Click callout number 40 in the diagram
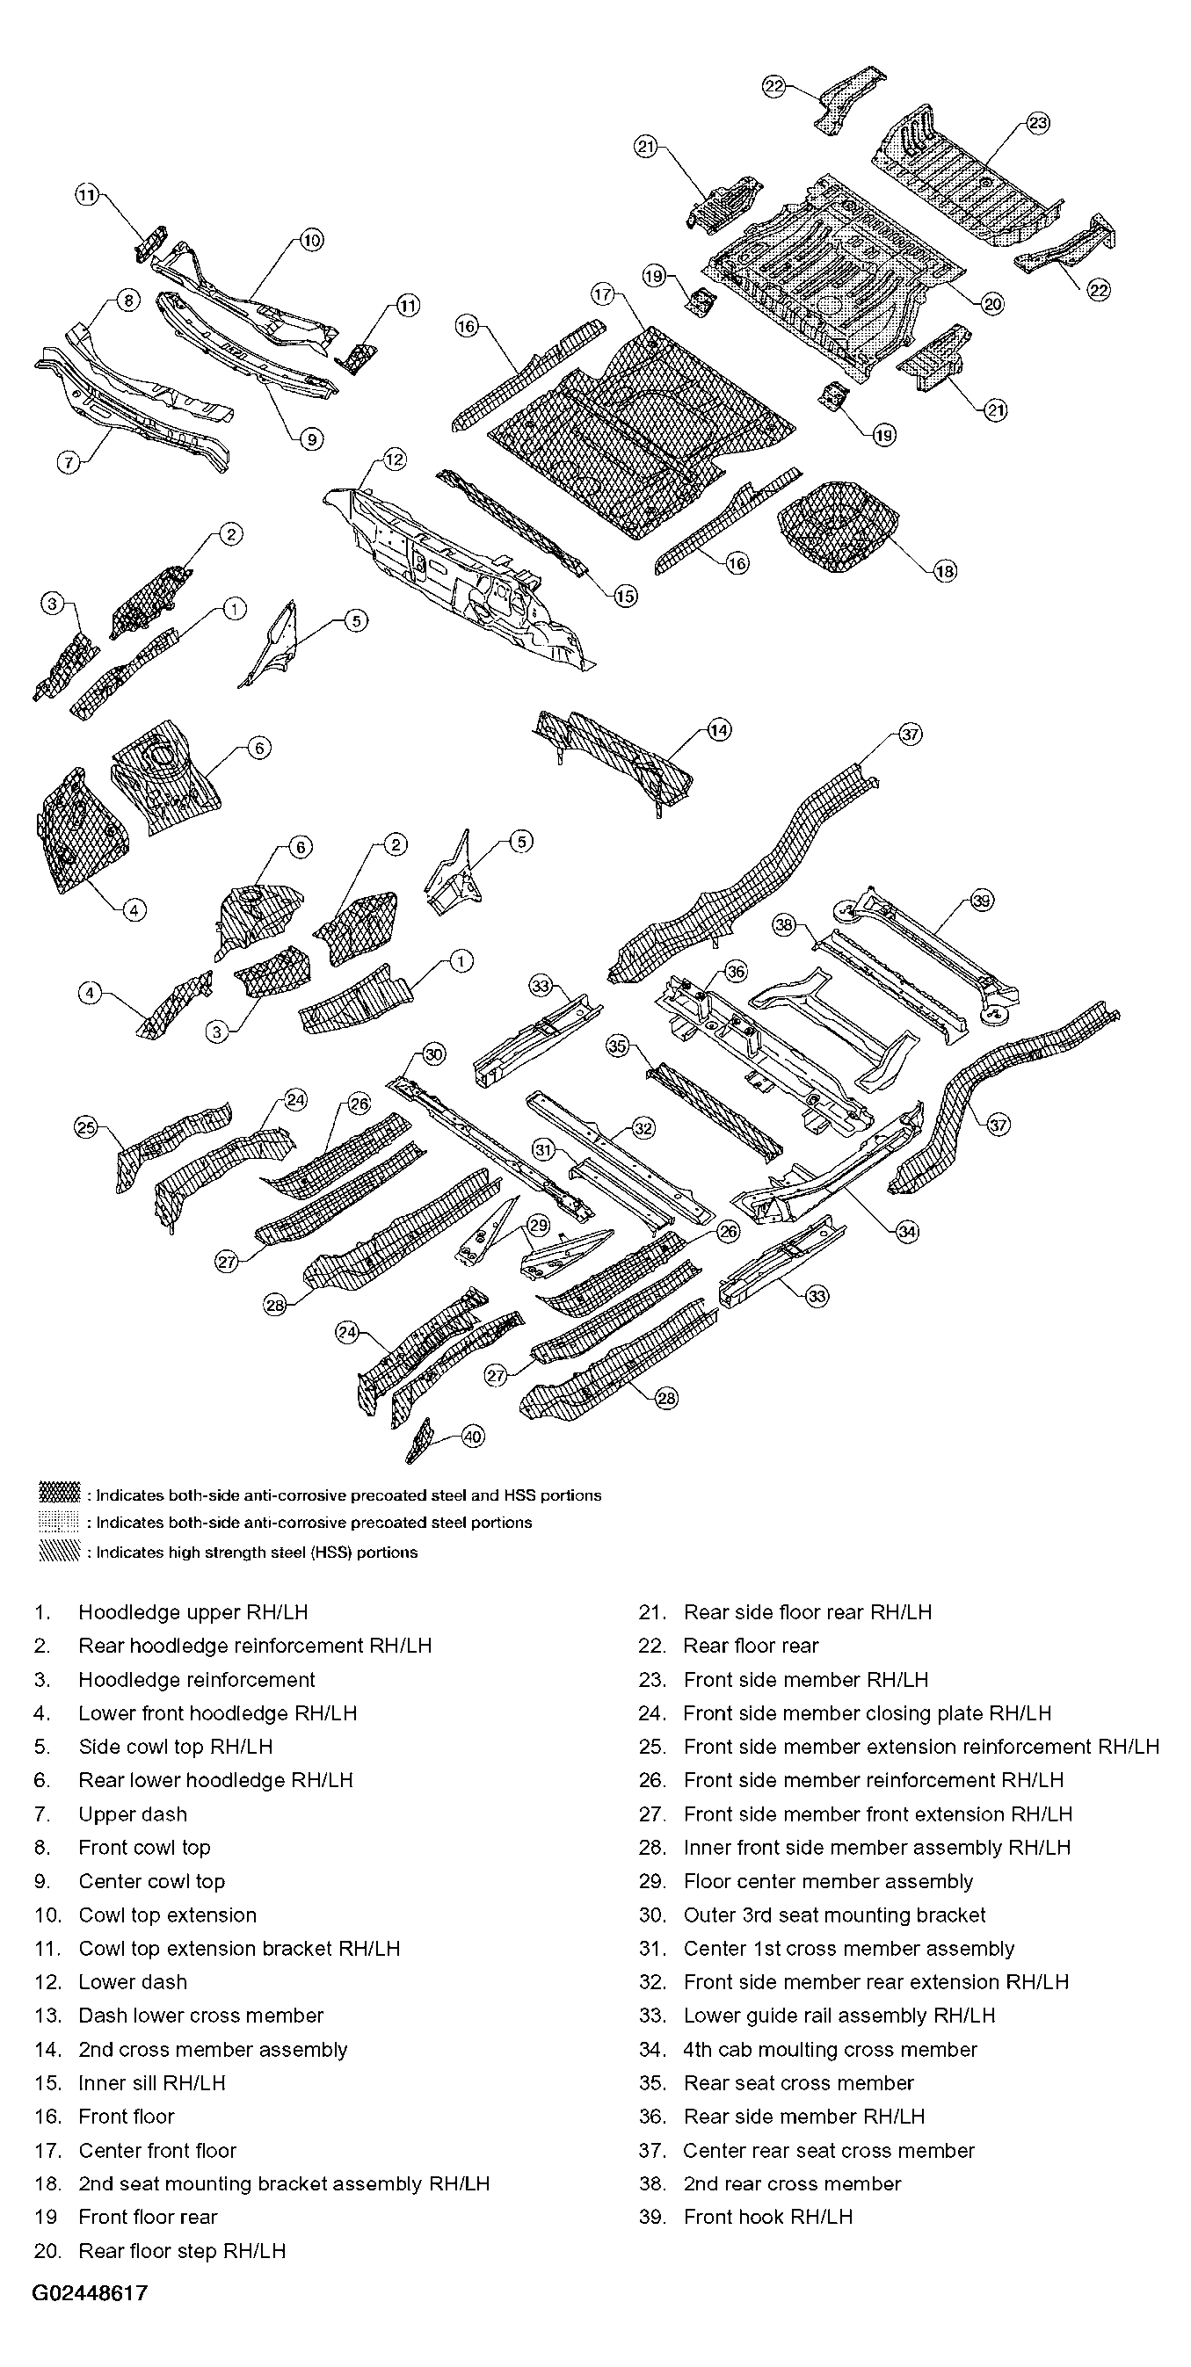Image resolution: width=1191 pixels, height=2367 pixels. tap(471, 1437)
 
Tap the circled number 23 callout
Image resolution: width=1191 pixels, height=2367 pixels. tap(1037, 122)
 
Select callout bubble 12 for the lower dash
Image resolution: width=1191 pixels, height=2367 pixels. tap(395, 460)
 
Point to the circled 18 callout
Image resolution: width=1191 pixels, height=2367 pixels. tap(946, 570)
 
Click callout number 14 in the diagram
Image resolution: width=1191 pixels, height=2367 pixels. tap(719, 730)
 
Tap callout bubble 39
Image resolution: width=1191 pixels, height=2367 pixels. tap(982, 901)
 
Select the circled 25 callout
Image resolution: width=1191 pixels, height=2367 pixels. tap(85, 1126)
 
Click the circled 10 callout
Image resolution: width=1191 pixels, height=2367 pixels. tap(311, 241)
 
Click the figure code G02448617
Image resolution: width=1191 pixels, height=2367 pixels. tap(90, 2292)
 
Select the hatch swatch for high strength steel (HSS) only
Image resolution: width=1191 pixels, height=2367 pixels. tap(60, 1552)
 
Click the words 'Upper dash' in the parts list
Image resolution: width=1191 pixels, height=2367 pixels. tap(134, 1813)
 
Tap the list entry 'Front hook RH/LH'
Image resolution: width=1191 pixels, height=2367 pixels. tap(768, 2218)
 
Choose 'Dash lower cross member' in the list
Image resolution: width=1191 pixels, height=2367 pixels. tap(201, 2015)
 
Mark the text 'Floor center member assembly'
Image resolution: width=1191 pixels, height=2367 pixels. tap(828, 1881)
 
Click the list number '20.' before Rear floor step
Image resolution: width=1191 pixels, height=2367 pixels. tap(47, 2250)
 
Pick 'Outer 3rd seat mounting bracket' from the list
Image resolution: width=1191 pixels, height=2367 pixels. tap(834, 1915)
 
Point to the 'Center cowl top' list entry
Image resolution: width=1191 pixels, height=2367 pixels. tap(152, 1881)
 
